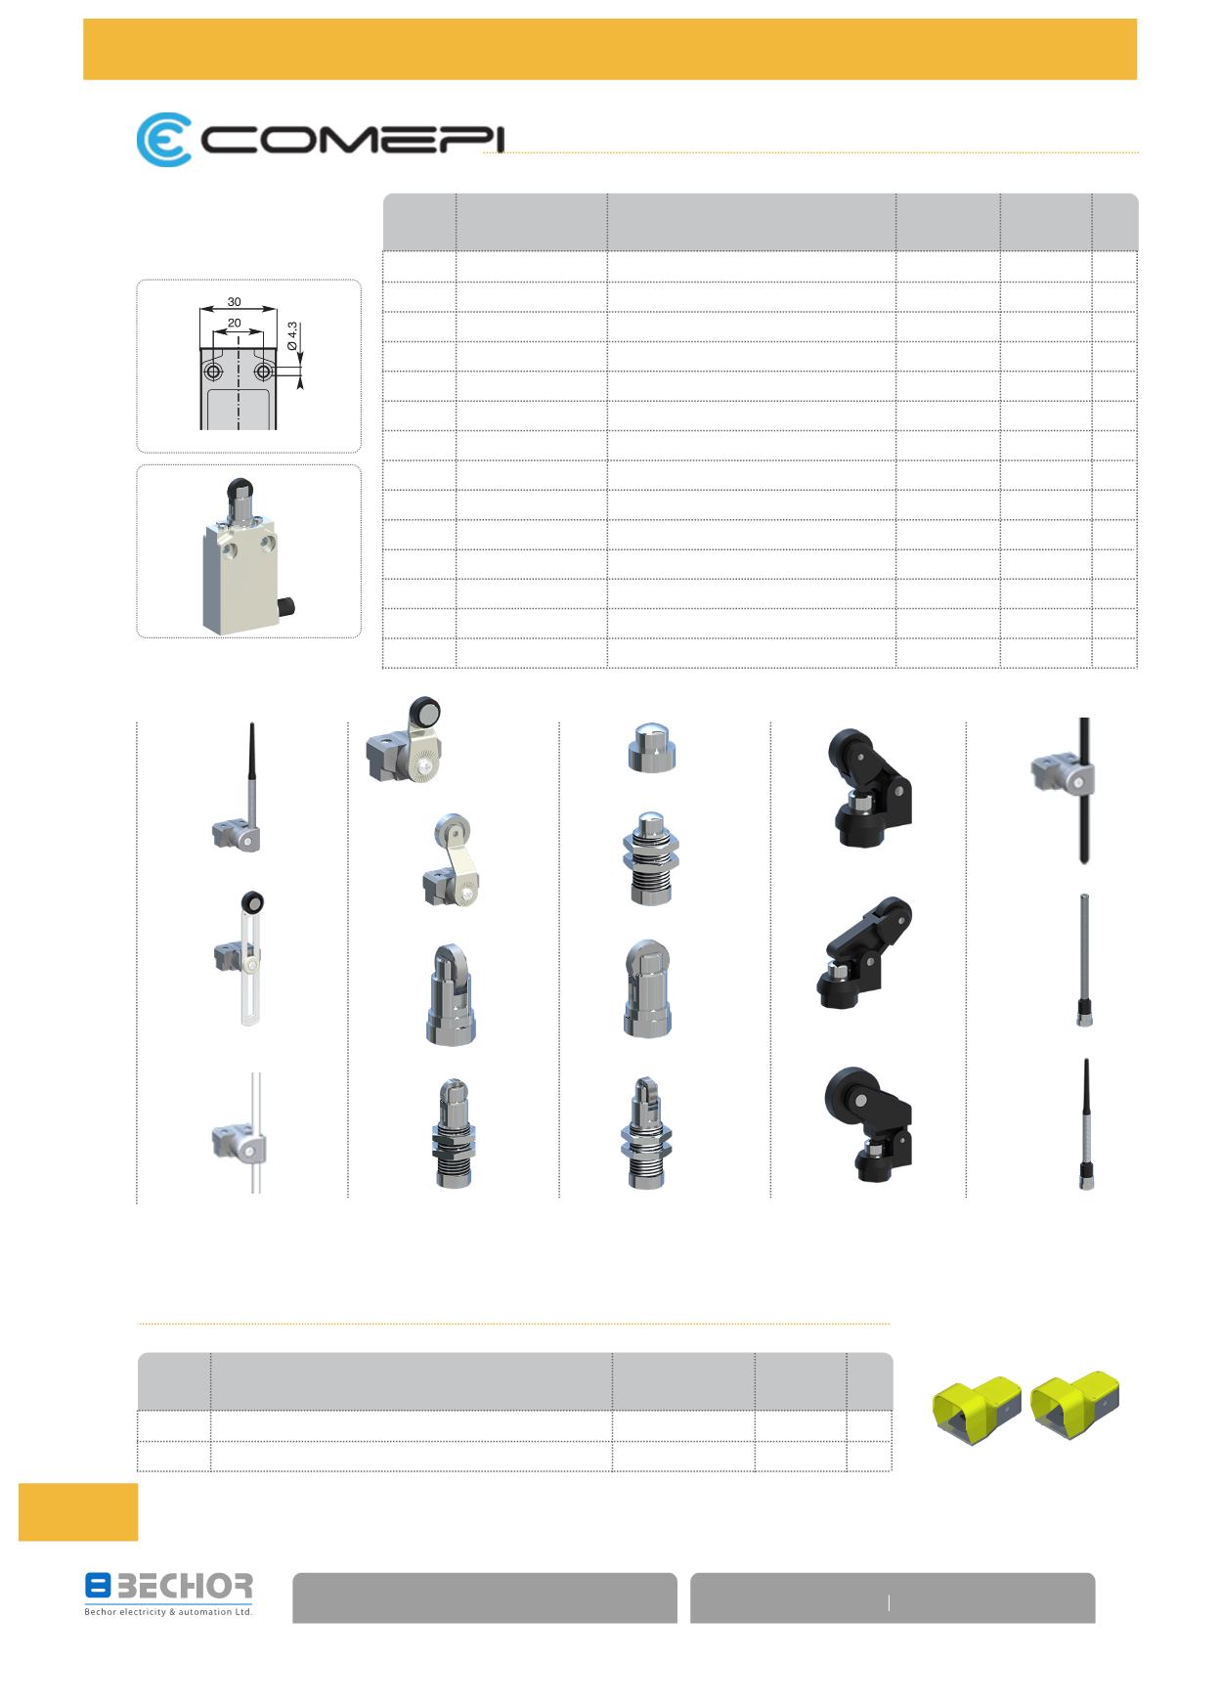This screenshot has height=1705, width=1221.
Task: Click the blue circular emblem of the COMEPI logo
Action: click(x=163, y=141)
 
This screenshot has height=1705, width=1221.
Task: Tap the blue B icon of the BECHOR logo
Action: click(x=98, y=1586)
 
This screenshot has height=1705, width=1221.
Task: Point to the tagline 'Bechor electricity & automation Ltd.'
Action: click(x=168, y=1611)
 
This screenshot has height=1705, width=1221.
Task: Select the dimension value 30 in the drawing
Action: click(x=235, y=302)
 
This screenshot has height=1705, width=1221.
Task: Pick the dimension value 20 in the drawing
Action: click(x=235, y=323)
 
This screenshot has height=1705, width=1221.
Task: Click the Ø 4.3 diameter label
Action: click(x=292, y=336)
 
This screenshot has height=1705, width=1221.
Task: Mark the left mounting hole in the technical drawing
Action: click(x=212, y=372)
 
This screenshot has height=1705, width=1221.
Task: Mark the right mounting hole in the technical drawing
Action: click(x=262, y=372)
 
